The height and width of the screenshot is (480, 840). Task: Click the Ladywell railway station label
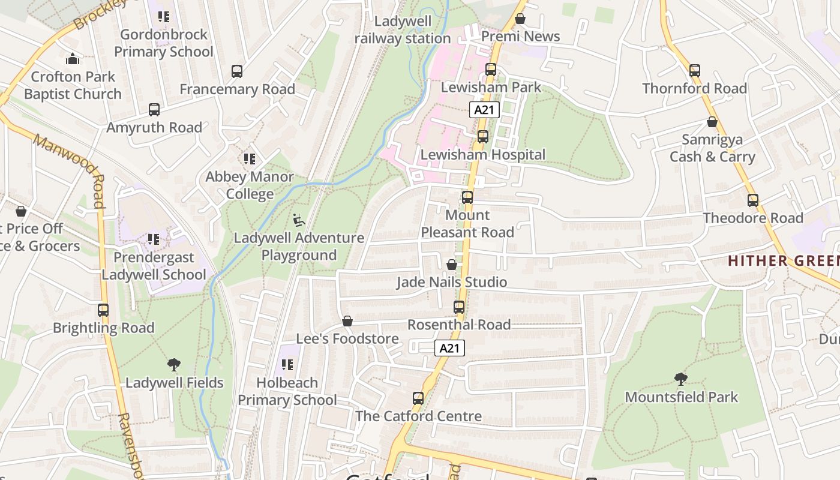[403, 30]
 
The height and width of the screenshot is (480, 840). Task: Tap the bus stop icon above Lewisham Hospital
[483, 137]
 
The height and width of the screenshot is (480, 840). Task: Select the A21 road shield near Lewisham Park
[484, 110]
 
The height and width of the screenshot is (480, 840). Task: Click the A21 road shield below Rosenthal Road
[449, 348]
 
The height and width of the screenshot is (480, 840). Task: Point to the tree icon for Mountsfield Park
[680, 379]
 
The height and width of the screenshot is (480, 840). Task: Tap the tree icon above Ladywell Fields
[174, 365]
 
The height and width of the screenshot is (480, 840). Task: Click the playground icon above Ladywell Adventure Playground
[298, 220]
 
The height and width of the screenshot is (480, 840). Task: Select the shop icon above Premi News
[520, 19]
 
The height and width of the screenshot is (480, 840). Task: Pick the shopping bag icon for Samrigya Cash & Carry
[712, 122]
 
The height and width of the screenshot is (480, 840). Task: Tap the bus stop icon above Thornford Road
[695, 71]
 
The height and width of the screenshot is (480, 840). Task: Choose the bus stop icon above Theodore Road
[753, 200]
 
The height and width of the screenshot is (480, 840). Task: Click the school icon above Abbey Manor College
[250, 159]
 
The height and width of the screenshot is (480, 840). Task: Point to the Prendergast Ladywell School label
[154, 266]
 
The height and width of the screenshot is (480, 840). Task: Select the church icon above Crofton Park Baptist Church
[73, 59]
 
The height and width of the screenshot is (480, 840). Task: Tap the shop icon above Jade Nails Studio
[452, 265]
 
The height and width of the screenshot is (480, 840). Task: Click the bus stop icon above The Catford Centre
[418, 398]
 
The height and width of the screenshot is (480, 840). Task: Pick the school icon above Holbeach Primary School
[287, 365]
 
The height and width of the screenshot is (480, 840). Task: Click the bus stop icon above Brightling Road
[103, 310]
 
